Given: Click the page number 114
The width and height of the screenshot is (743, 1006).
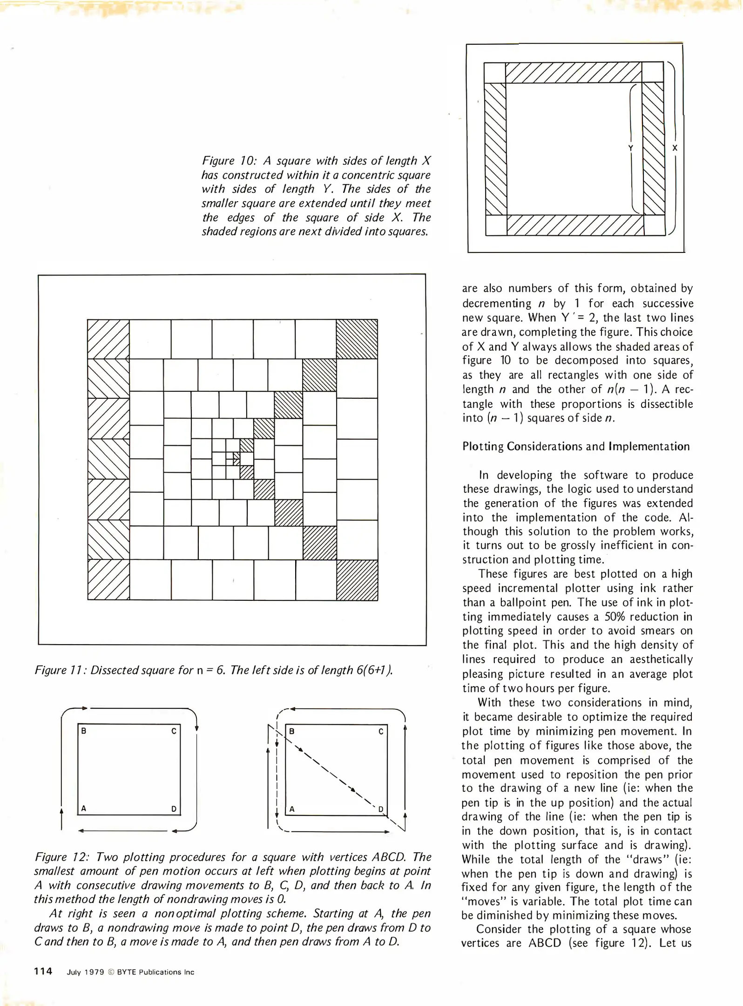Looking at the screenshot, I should coord(43,971).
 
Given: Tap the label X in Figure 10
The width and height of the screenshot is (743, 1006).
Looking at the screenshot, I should coord(675,148).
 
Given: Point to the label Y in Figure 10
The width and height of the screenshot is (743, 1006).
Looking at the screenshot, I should coord(630,148).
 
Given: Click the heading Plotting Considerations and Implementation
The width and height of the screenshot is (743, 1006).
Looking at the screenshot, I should coord(576,446).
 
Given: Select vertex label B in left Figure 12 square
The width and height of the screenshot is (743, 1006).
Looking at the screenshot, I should coord(84,731).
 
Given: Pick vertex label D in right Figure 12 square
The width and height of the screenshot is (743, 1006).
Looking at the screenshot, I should coord(380,809).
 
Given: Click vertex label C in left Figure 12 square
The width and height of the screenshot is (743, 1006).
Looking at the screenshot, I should coord(174,731).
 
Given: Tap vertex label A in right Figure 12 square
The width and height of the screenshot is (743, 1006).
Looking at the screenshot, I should coord(292,809).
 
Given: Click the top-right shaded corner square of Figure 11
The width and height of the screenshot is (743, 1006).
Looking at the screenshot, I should coord(357,339).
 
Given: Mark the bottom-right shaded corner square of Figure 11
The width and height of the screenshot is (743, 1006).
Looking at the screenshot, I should coord(357,580).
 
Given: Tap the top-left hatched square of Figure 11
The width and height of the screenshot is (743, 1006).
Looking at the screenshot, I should coord(108,339).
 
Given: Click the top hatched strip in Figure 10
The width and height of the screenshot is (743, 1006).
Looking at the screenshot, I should coord(573,73).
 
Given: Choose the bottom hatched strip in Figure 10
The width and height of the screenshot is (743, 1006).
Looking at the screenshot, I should coord(575,225).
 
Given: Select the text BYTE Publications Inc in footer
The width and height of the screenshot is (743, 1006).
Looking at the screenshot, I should coord(155,972).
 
